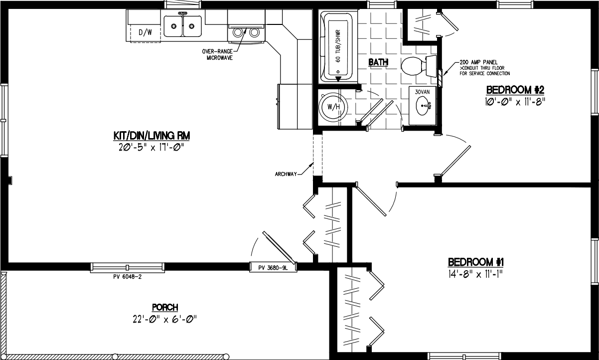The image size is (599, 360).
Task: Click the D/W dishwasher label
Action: (145, 33)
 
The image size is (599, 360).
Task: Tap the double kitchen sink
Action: (183, 26)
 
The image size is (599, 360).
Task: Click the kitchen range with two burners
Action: (246, 32)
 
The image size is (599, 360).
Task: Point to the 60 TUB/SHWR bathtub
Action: (338, 46)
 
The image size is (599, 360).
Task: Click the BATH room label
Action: (378, 62)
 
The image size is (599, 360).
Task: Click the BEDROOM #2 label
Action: (514, 90)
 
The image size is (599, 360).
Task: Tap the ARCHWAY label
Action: (286, 174)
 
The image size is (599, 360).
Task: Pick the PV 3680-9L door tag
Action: (273, 267)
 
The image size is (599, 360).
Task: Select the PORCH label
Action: (165, 307)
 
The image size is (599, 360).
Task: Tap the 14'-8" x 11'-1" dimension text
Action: (477, 274)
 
